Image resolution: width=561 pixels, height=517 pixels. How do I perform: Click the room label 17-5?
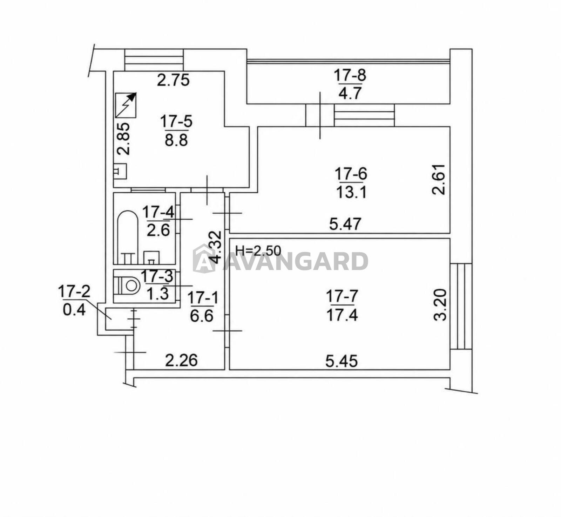point(176,122)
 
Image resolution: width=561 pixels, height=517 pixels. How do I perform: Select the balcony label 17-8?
point(350,75)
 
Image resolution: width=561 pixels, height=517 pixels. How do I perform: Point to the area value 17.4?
point(342,315)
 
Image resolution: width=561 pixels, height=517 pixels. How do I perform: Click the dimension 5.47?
point(345,224)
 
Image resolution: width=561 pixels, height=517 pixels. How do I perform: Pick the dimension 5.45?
point(342,361)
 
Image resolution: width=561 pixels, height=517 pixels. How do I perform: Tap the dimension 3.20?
point(440,304)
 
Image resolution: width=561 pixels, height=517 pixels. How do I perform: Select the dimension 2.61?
point(439,179)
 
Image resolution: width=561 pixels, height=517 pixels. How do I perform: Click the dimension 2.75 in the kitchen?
point(173,80)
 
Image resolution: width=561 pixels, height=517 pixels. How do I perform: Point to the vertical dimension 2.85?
point(123,139)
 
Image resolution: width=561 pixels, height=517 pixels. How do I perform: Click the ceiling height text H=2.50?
point(258,250)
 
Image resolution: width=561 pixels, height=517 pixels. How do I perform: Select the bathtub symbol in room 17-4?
point(127,237)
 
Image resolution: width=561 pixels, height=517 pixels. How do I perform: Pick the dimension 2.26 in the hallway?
point(182,360)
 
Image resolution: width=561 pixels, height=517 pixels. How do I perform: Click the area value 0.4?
point(74,310)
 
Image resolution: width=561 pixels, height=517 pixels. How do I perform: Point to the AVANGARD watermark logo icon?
point(204,259)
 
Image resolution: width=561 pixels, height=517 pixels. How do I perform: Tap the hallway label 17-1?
point(203,298)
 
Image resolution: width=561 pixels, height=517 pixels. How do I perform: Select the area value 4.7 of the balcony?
point(350,94)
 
